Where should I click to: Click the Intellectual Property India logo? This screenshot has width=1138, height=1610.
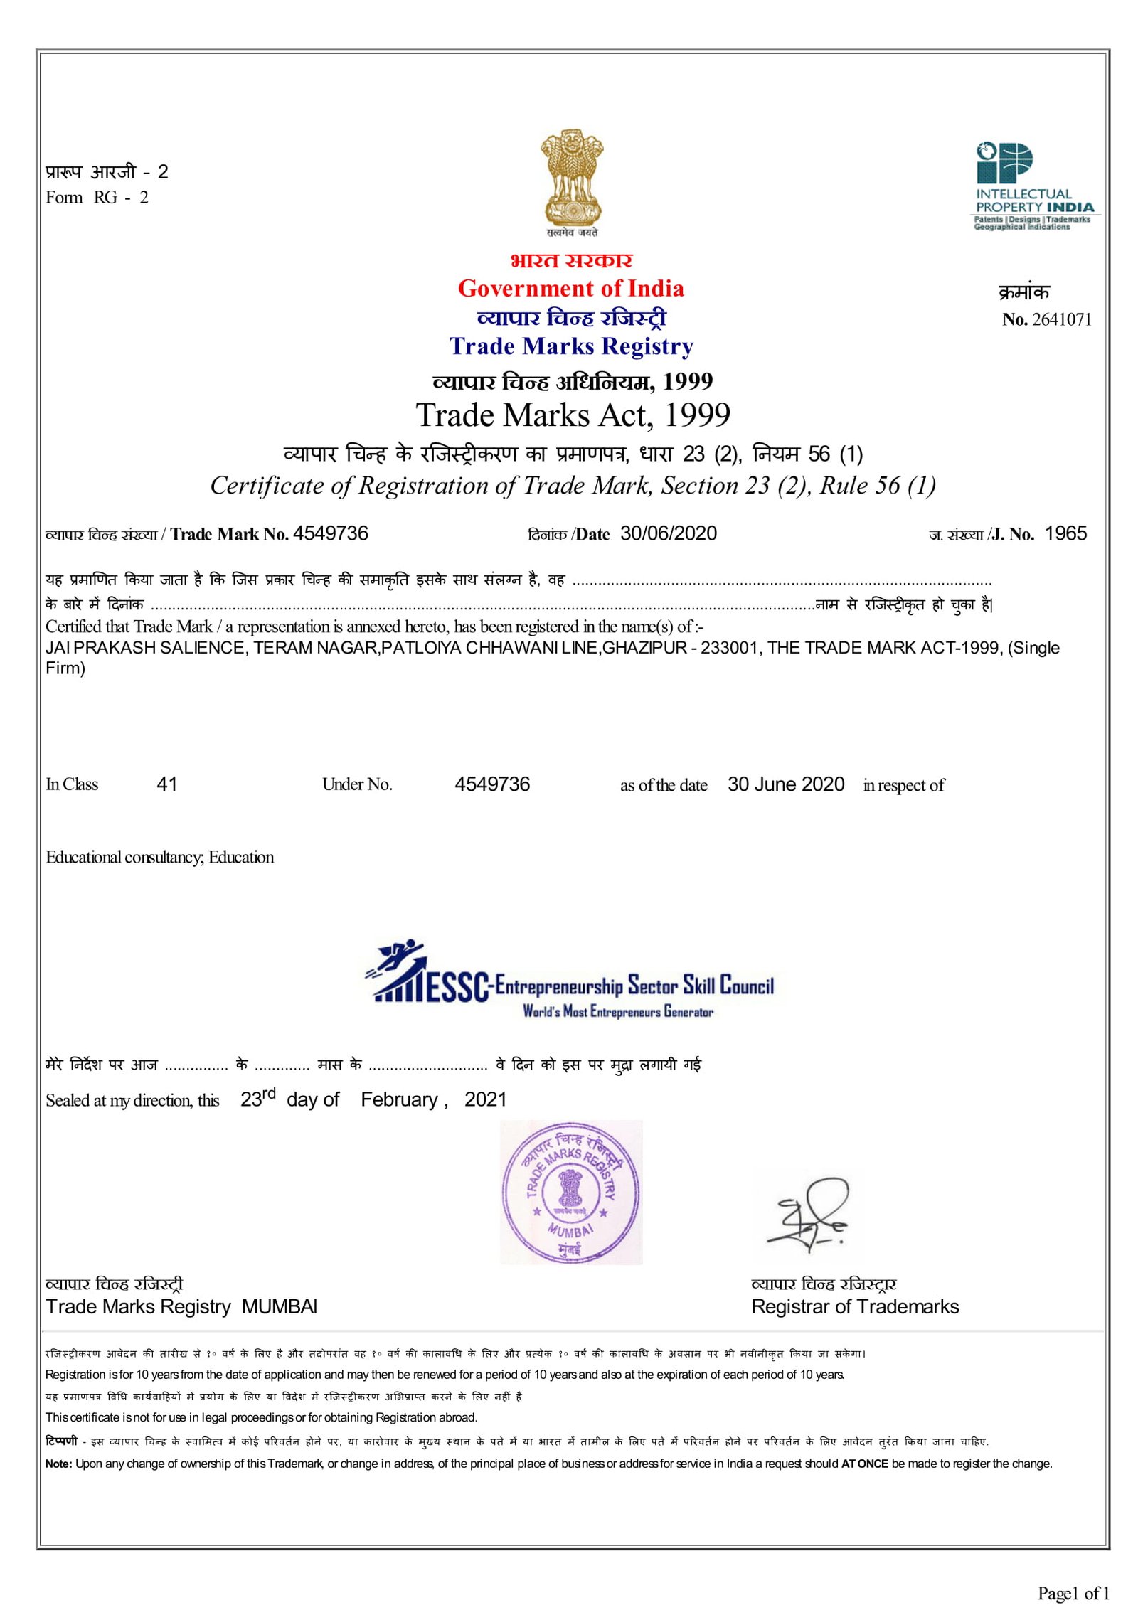1033,186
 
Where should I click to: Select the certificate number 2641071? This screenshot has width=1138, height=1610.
1060,319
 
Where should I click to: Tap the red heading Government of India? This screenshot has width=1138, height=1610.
570,289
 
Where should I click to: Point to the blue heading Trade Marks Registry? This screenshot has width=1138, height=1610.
571,346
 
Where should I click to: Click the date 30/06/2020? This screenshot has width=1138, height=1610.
668,534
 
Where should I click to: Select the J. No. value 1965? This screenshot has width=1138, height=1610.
1065,534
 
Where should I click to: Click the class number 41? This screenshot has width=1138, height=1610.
166,784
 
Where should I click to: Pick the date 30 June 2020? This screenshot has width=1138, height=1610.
785,784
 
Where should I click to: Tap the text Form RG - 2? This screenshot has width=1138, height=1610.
97,198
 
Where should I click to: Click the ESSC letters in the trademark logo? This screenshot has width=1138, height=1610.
457,987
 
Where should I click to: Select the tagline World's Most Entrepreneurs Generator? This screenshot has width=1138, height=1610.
617,1011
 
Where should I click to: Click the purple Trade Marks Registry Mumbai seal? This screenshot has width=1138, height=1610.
570,1193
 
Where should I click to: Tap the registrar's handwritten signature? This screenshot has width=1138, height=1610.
811,1215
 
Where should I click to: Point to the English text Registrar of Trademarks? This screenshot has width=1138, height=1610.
854,1307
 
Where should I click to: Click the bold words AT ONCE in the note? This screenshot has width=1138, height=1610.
864,1464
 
